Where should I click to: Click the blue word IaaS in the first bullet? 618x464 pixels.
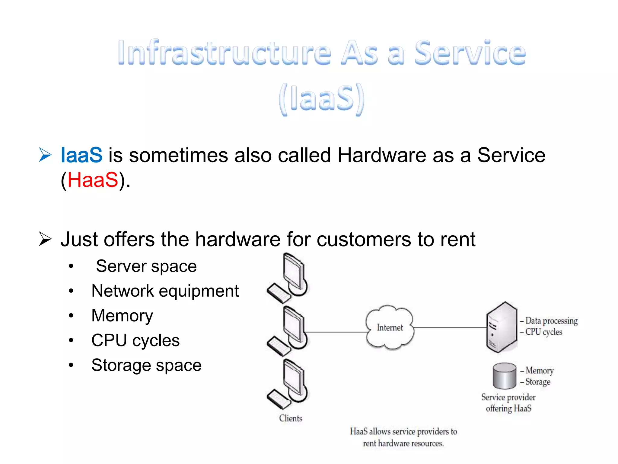click(81, 155)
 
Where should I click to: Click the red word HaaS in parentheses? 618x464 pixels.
click(93, 180)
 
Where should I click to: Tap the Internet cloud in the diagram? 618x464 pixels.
click(390, 327)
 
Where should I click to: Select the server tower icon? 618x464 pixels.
click(502, 327)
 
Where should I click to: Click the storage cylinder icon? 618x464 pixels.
click(504, 376)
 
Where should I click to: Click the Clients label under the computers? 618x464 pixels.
click(291, 418)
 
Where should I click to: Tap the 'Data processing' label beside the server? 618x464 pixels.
click(551, 321)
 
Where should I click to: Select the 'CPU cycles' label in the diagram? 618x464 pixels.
click(543, 332)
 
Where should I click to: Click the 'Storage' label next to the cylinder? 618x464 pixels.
click(538, 382)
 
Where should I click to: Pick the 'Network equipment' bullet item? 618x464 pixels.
click(165, 291)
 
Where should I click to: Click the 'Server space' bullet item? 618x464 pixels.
click(146, 266)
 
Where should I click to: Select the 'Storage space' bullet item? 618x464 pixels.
click(146, 365)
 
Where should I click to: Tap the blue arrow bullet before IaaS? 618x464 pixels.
click(45, 155)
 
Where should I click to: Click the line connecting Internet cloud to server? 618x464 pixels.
click(450, 327)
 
